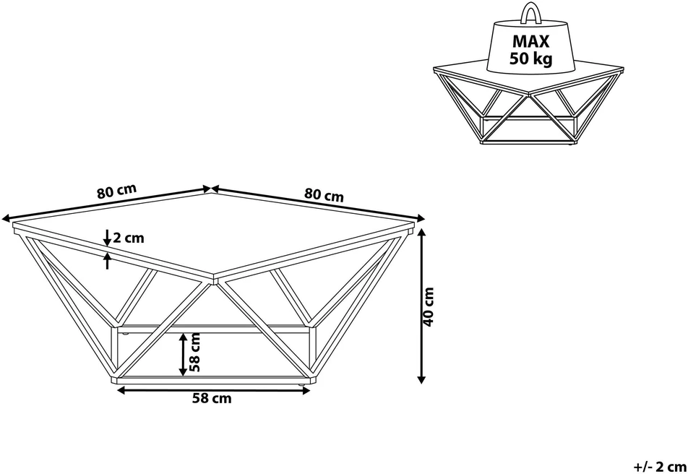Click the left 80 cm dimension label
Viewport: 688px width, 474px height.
click(117, 191)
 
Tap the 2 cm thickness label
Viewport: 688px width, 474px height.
click(128, 238)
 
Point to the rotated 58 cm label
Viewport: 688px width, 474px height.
click(195, 352)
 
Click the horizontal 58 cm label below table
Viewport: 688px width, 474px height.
click(212, 398)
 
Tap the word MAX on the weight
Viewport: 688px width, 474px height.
click(531, 41)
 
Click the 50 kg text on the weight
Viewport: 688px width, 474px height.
click(531, 59)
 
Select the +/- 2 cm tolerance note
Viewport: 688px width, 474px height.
click(660, 465)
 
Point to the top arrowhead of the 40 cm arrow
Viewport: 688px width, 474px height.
click(421, 232)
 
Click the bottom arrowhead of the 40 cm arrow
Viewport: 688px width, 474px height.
click(421, 379)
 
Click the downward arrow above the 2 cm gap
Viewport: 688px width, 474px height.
click(107, 238)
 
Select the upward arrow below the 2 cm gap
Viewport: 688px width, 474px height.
click(107, 262)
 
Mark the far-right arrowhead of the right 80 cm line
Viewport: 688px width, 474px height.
click(421, 218)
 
